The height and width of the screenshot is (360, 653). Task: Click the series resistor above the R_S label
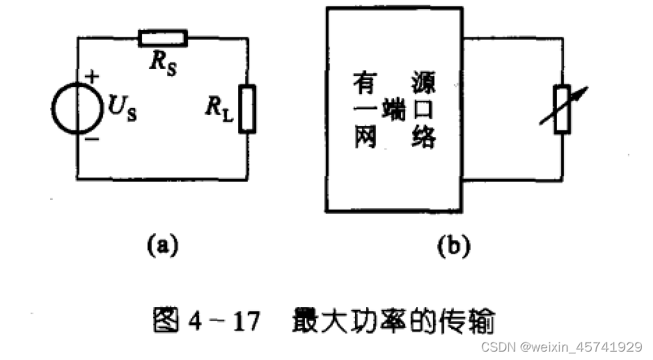click(x=163, y=38)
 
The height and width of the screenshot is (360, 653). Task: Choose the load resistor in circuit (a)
click(x=247, y=108)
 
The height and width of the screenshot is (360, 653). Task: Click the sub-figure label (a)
click(x=162, y=246)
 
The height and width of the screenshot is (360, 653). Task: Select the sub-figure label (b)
click(x=453, y=246)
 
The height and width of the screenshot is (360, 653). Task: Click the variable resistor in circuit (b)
click(x=561, y=108)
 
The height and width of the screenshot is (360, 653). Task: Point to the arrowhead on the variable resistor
click(x=583, y=91)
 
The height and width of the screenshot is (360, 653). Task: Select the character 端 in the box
click(x=395, y=110)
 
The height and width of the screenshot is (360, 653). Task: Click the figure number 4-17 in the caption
click(x=223, y=322)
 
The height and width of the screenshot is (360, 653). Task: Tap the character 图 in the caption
click(x=166, y=321)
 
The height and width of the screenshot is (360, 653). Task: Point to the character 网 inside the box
click(x=365, y=138)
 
